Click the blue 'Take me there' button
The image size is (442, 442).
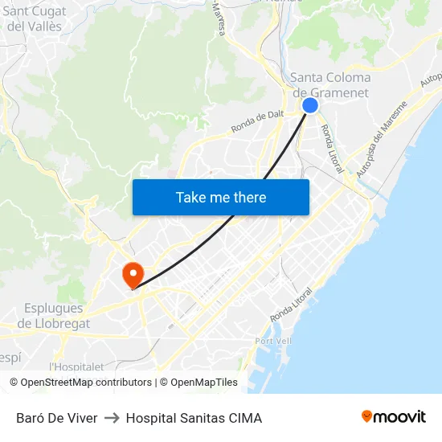[x=221, y=197]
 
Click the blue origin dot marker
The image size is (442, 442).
[x=310, y=105]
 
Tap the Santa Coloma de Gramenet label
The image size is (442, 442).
[x=329, y=85]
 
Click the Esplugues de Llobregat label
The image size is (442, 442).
[x=54, y=316]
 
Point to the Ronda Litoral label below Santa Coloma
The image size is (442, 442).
[x=332, y=149]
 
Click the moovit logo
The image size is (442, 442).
[x=394, y=417]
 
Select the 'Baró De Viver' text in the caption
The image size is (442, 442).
[x=57, y=418]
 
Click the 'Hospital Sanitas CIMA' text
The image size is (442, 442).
[x=194, y=418]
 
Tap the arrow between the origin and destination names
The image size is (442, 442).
[x=112, y=418]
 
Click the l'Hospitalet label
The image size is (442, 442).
[x=77, y=366]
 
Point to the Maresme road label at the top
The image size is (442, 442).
[x=219, y=18]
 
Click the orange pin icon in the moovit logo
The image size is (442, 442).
[x=367, y=416]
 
